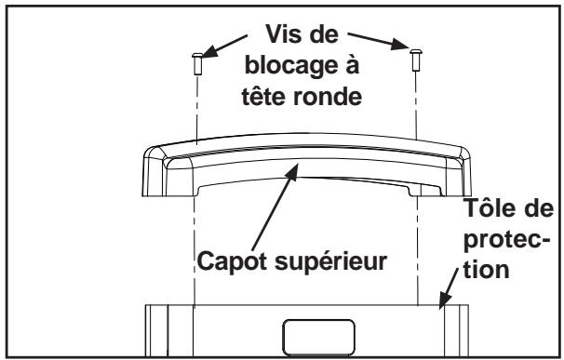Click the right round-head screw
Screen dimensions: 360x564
(x=415, y=62)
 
